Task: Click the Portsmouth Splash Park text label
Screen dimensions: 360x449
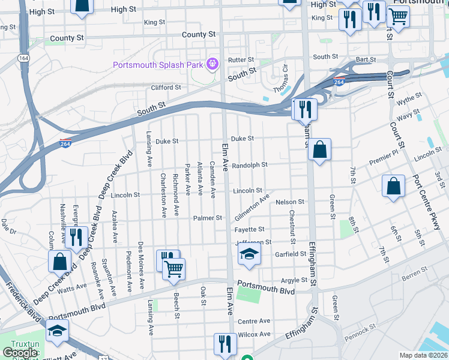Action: coord(158,64)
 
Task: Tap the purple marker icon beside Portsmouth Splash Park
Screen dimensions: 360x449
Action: coord(211,64)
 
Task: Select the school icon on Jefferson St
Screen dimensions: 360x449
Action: coord(249,254)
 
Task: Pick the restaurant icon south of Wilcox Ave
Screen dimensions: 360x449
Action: coord(225,344)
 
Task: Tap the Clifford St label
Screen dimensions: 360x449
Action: coord(166,88)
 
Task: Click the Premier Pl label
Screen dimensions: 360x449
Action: coord(383,158)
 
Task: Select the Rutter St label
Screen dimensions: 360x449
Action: coord(241,60)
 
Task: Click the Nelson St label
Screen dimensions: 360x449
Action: coord(291,202)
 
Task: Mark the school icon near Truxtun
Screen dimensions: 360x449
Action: coord(57,331)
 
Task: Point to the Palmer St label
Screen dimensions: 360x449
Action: coord(208,218)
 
